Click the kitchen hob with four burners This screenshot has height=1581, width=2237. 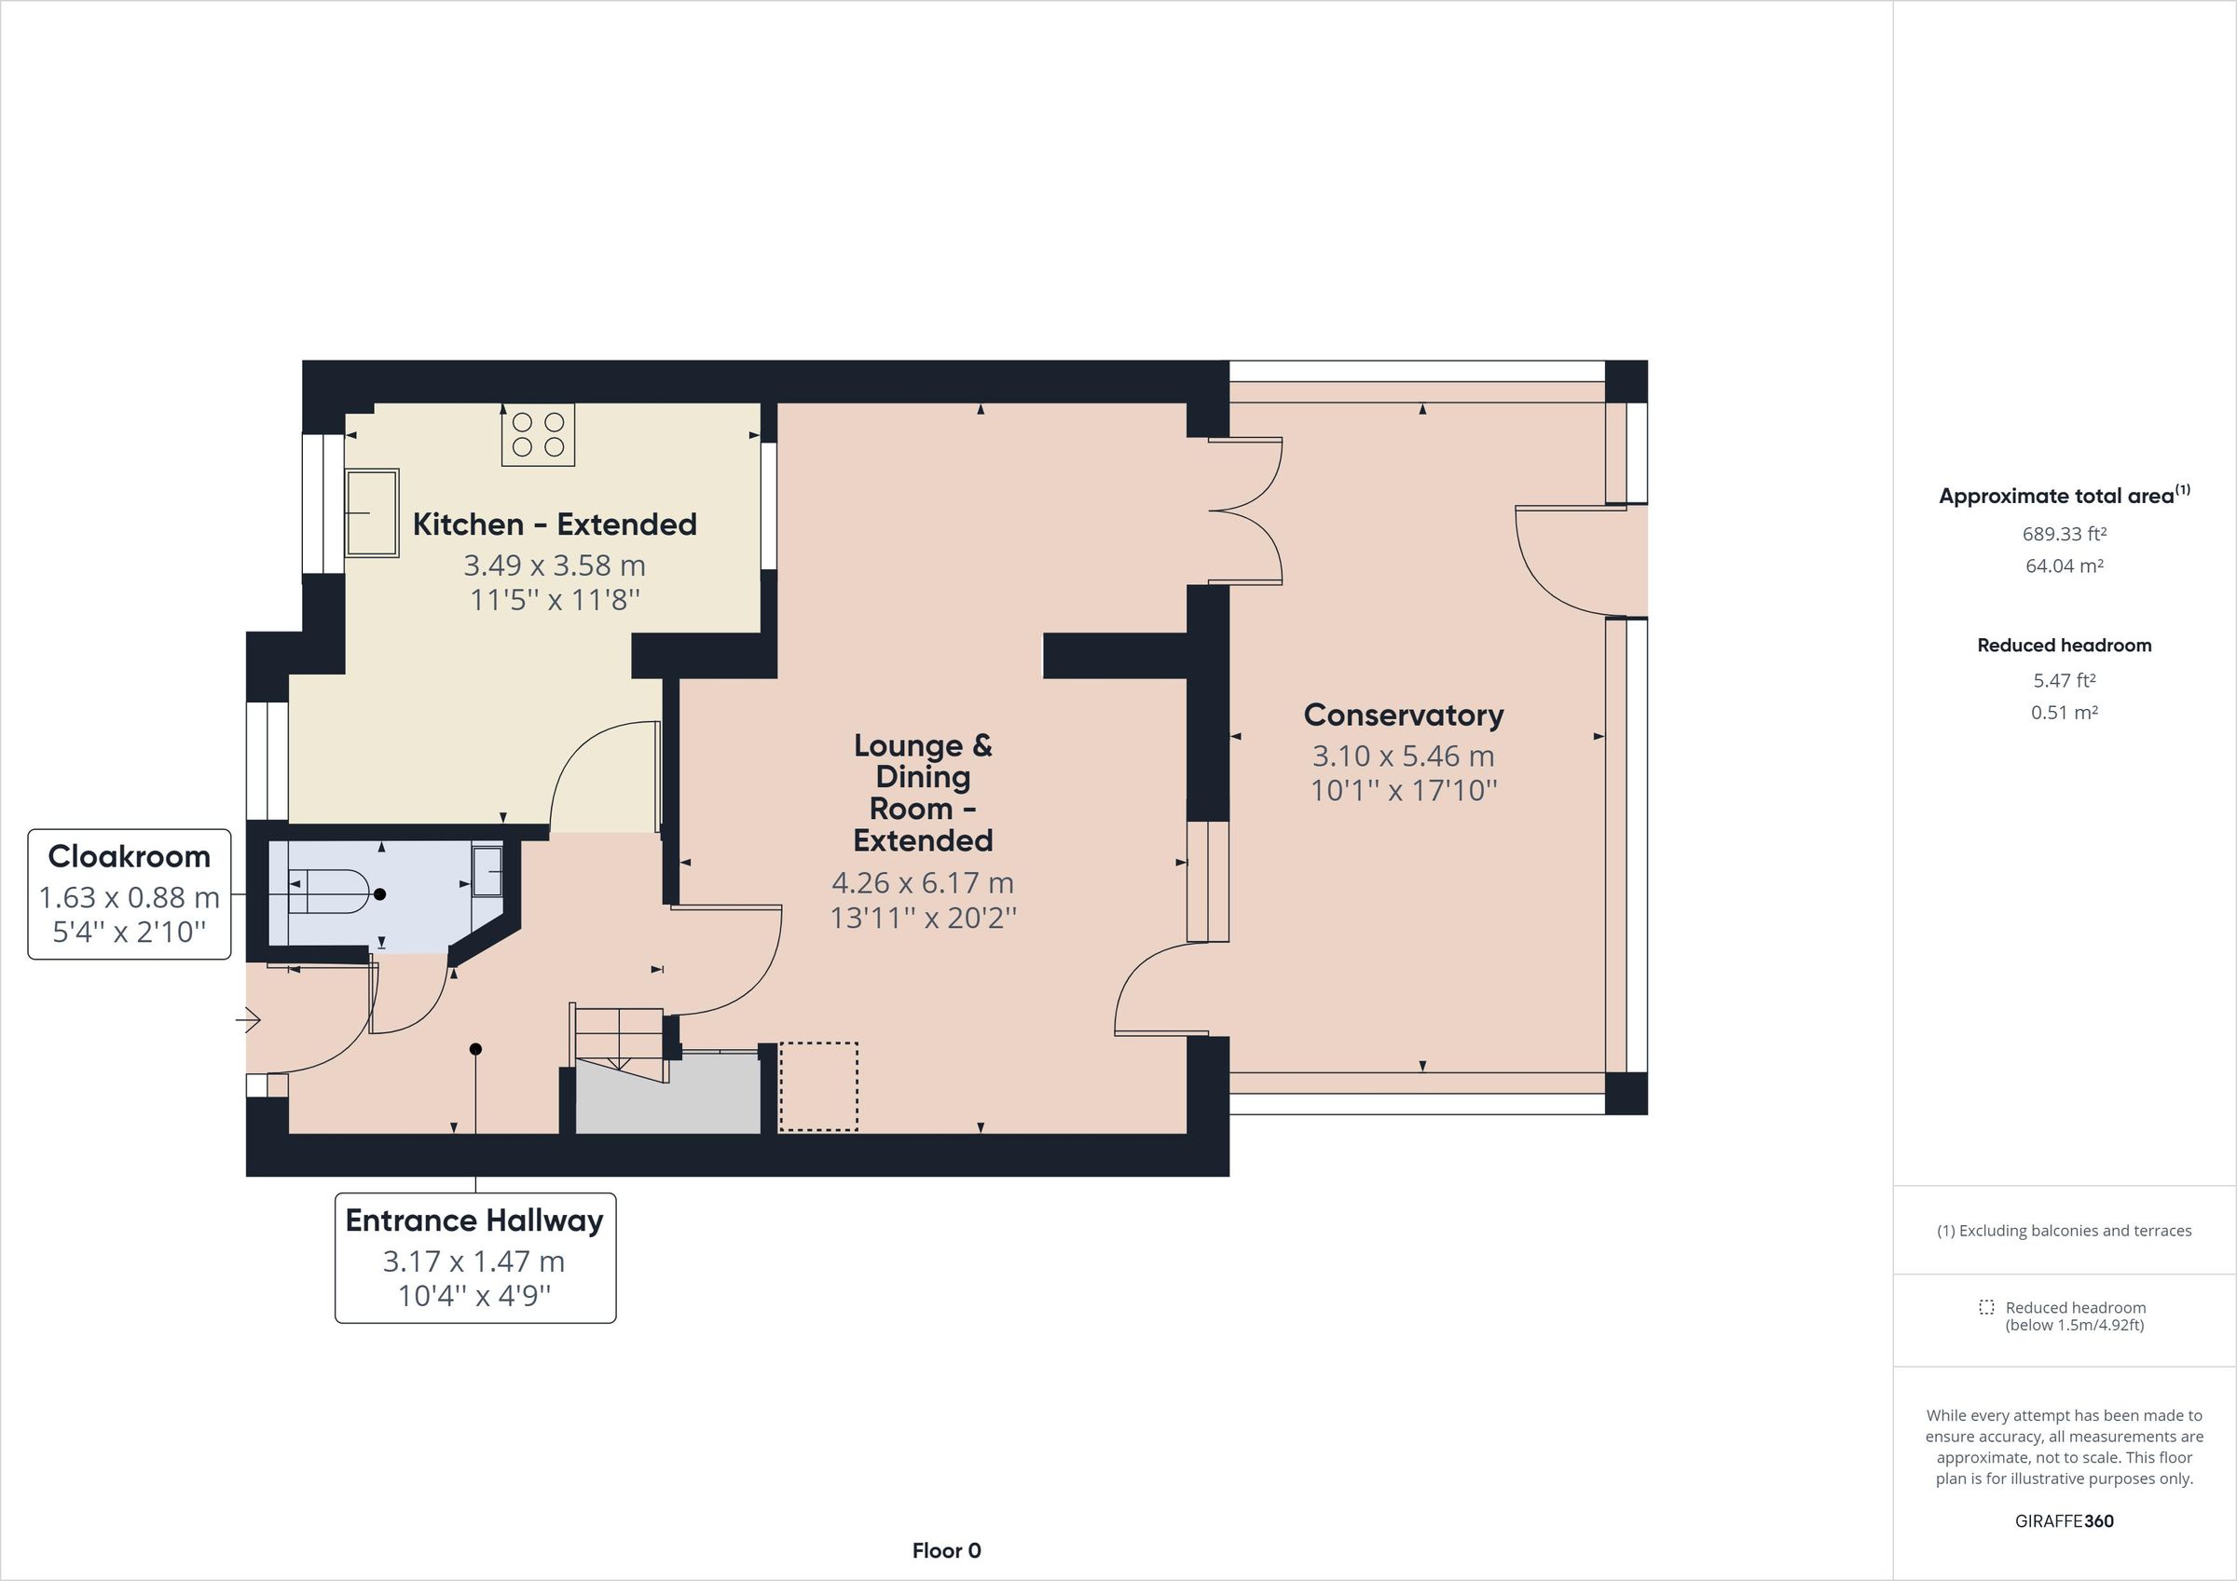(538, 435)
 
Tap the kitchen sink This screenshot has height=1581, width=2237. (371, 512)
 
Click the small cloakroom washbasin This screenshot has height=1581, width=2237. (487, 870)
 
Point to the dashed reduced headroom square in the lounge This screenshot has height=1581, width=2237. (818, 1086)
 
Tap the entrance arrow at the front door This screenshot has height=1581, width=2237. (249, 1020)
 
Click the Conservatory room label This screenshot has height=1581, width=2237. (1403, 715)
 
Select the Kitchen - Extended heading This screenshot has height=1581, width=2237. (555, 525)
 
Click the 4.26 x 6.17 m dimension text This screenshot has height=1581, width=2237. (923, 882)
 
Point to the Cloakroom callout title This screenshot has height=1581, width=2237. (129, 856)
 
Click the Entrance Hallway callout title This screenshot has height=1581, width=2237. (474, 1220)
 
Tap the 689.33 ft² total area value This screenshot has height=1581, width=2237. (2064, 534)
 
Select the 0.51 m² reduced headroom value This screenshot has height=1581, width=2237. (2064, 712)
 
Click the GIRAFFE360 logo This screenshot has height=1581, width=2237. (2064, 1520)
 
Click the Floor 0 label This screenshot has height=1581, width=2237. (946, 1550)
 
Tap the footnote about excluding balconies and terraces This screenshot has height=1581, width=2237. (2064, 1231)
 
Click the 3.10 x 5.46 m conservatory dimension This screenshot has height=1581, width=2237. (1403, 756)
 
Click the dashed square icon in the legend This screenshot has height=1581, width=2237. (1985, 1307)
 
